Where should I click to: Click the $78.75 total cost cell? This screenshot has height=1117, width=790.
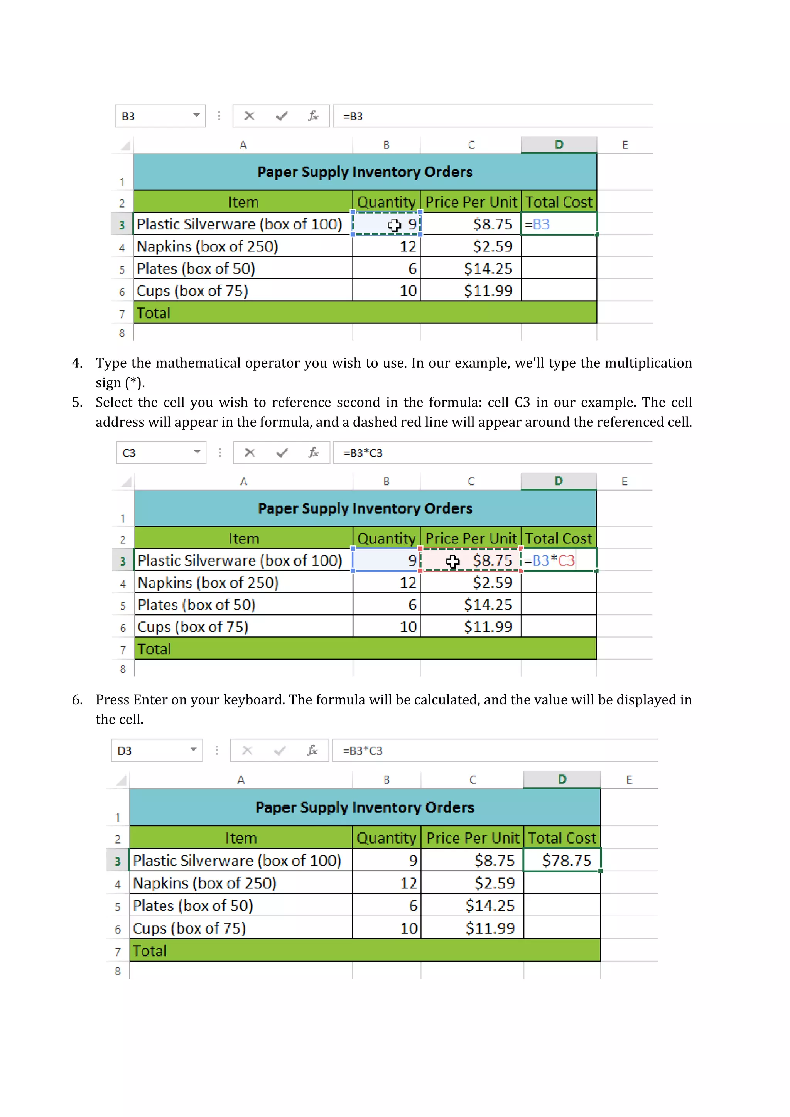coord(566,860)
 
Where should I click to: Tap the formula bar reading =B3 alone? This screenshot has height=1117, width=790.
coord(491,116)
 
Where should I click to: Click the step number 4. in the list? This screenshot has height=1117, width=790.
coord(78,363)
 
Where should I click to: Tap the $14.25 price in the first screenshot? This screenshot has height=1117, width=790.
coord(488,268)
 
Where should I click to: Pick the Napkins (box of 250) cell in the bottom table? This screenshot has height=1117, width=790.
coord(205,883)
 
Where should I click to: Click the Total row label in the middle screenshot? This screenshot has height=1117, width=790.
coord(154,649)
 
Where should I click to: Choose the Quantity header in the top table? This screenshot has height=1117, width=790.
coord(386,202)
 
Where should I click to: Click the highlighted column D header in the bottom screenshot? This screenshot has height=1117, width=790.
coord(562,780)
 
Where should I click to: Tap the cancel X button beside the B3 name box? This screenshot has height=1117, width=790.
coord(249,116)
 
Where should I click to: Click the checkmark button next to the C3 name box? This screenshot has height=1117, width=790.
coord(282,453)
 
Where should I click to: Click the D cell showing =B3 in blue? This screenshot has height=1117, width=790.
coord(559,224)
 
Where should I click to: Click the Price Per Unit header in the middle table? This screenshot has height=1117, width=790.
coord(470,538)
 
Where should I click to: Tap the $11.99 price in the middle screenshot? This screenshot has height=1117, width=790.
coord(488,627)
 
